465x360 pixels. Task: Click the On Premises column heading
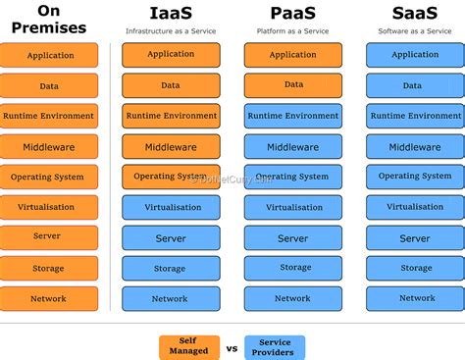coord(48,19)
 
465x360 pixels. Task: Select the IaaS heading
coord(170,13)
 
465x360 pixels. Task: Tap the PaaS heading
coord(291,13)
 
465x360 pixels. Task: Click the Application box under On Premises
coord(49,56)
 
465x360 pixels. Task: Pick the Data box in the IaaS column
coord(171,85)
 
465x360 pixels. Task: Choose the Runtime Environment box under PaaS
coord(293,116)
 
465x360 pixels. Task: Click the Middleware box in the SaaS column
coord(415,147)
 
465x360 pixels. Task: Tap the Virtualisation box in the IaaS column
coord(171,208)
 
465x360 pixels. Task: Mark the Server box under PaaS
coord(293,238)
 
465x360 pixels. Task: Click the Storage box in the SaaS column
coord(415,268)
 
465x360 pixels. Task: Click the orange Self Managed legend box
coord(188,346)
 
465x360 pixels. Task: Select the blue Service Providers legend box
coord(275,347)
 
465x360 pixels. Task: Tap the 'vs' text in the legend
coord(232,347)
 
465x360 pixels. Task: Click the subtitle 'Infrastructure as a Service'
coord(170,31)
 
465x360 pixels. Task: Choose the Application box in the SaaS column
coord(415,55)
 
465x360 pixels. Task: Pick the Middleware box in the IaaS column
coord(171,147)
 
